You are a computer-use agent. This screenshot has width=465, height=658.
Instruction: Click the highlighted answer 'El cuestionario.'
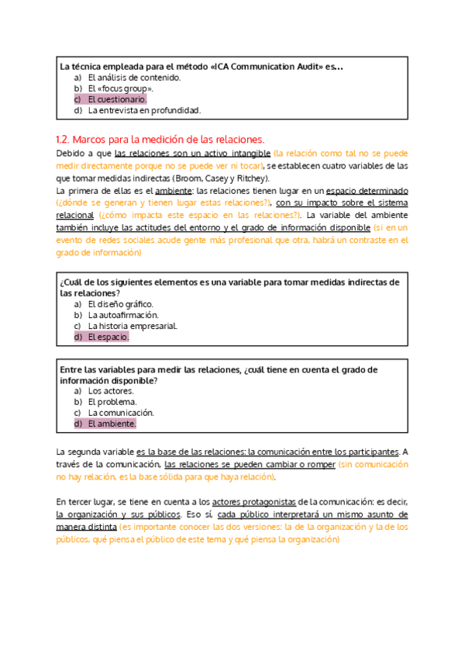tap(116, 100)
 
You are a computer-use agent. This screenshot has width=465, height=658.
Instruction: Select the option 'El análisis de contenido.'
tap(134, 78)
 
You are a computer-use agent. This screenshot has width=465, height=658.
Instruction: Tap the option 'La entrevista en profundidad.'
tap(143, 111)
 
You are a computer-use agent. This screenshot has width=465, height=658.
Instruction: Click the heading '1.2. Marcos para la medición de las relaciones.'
tap(161, 140)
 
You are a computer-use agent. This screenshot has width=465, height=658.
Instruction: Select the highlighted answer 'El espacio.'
tap(108, 338)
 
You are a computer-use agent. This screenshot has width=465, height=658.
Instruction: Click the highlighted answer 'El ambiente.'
tap(112, 424)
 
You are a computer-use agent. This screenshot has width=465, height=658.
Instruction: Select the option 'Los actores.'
tap(111, 392)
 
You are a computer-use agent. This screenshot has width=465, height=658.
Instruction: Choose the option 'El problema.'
tap(112, 403)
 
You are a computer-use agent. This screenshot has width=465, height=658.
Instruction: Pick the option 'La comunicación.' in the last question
tap(121, 414)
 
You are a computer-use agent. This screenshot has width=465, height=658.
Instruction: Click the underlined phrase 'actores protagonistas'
tap(248, 502)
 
